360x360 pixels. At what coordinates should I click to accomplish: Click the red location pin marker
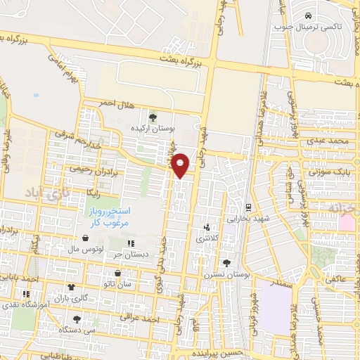181,165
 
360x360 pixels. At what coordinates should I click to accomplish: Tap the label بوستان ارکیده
153,129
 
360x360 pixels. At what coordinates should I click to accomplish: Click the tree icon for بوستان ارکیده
153,117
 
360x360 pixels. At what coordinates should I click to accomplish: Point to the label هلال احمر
115,103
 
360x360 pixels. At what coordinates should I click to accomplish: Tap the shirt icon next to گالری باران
71,287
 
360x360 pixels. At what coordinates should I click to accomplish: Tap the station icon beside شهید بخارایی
247,207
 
